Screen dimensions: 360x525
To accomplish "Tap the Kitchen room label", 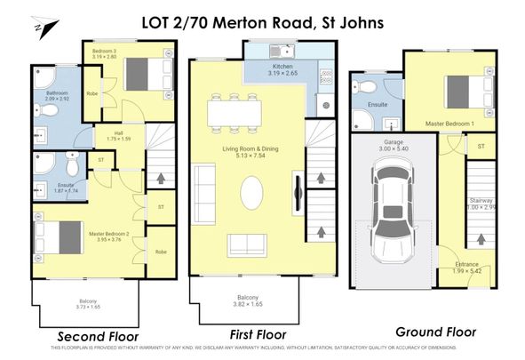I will pyautogui.click(x=282, y=68).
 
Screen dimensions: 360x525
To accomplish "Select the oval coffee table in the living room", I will pyautogui.click(x=251, y=192).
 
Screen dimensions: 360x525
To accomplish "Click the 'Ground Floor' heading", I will pyautogui.click(x=436, y=332).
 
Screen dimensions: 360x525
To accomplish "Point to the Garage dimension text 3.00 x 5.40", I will pyautogui.click(x=393, y=148).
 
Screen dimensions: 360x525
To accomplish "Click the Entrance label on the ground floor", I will pyautogui.click(x=466, y=264).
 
